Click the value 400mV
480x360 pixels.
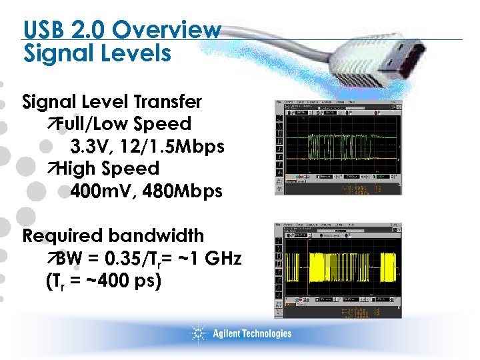point(99,191)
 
